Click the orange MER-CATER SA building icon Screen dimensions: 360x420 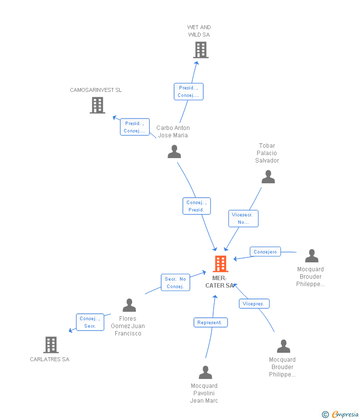coord(221,264)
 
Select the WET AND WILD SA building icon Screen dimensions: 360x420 coord(200,50)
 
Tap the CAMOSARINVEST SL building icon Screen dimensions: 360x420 coord(97,105)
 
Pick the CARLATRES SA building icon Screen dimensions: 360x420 coord(50,344)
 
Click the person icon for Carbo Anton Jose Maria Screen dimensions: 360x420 coord(174,152)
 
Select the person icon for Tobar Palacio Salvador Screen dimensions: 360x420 coord(268,177)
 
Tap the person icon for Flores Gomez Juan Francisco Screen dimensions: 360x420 coord(129,305)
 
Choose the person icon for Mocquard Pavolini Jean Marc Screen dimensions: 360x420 coord(205,373)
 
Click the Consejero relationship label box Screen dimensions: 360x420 coord(265,252)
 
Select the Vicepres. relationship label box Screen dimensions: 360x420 coord(254,303)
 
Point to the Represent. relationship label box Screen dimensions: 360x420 coord(210,323)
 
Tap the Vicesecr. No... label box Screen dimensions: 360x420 coord(243,218)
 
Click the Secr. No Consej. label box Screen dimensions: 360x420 coord(175,283)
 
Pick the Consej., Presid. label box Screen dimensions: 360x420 coord(196,206)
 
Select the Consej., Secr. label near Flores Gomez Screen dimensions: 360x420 coord(90,322)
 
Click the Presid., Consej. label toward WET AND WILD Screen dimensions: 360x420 coord(188,91)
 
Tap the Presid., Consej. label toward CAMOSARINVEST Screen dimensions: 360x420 coord(135,127)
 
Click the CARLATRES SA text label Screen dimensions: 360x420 coord(49,359)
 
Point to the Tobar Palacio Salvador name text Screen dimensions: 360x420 coord(267,153)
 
